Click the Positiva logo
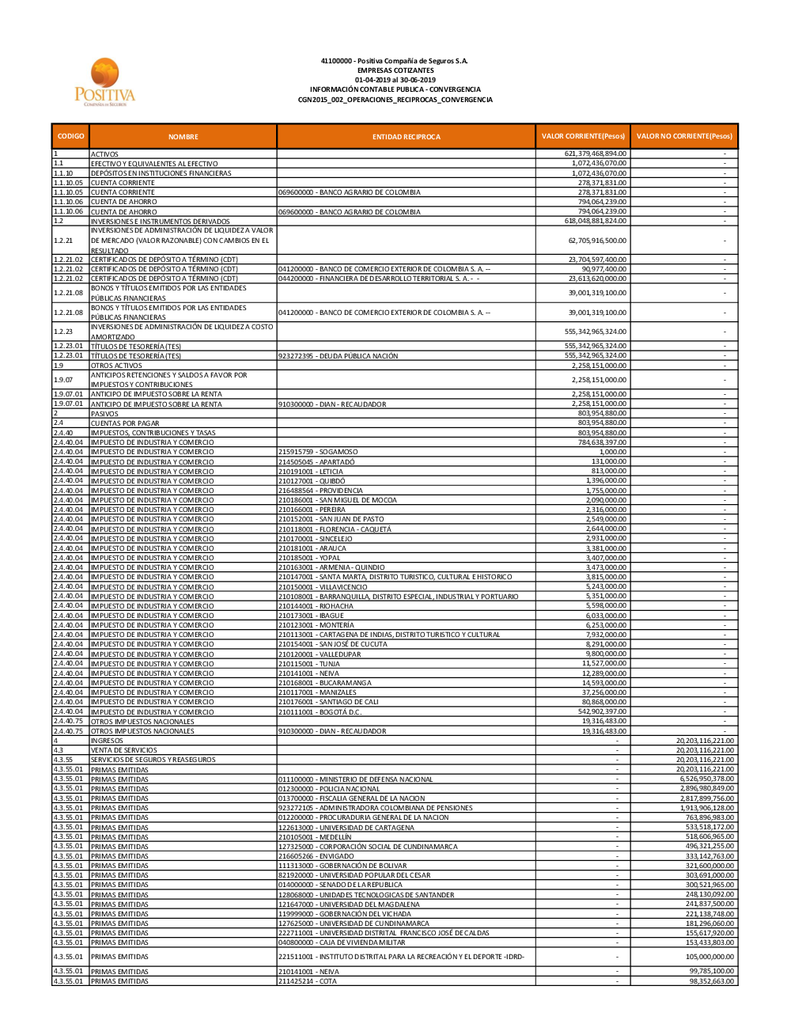pyautogui.click(x=105, y=82)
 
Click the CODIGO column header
pyautogui.click(x=70, y=136)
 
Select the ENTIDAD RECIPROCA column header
pyautogui.click(x=406, y=137)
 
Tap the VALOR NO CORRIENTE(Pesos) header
pyautogui.click(x=684, y=136)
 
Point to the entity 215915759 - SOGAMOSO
pyautogui.click(x=318, y=452)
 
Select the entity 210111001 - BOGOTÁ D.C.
pyautogui.click(x=320, y=712)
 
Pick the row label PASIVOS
pyautogui.click(x=104, y=414)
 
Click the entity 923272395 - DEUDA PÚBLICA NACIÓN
pyautogui.click(x=338, y=356)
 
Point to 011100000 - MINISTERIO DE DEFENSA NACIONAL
pyautogui.click(x=355, y=779)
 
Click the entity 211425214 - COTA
pyautogui.click(x=307, y=981)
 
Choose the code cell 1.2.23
pyautogui.click(x=63, y=332)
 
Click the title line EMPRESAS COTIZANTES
pyautogui.click(x=395, y=70)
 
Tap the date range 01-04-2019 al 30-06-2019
pyautogui.click(x=395, y=80)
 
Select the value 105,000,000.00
pyautogui.click(x=706, y=957)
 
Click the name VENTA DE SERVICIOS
pyautogui.click(x=123, y=750)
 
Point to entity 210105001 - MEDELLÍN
pyautogui.click(x=315, y=837)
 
